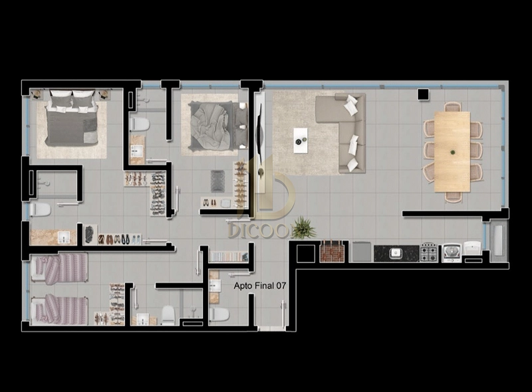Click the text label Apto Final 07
click(x=260, y=286)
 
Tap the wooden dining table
click(x=452, y=151)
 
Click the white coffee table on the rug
click(x=301, y=140)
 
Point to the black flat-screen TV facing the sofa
click(x=259, y=134)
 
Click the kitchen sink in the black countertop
click(x=396, y=253)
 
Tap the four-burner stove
click(x=429, y=252)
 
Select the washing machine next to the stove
click(x=452, y=253)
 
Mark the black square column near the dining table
click(x=423, y=94)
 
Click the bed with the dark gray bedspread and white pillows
click(x=72, y=118)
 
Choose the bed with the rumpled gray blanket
click(x=217, y=126)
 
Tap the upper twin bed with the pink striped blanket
click(x=59, y=268)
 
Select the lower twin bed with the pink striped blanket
click(x=59, y=309)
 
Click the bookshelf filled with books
click(x=228, y=256)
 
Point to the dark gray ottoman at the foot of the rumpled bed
click(x=217, y=181)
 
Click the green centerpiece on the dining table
click(x=453, y=152)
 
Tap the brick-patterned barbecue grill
click(x=332, y=252)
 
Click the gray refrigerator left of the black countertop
click(x=362, y=252)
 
